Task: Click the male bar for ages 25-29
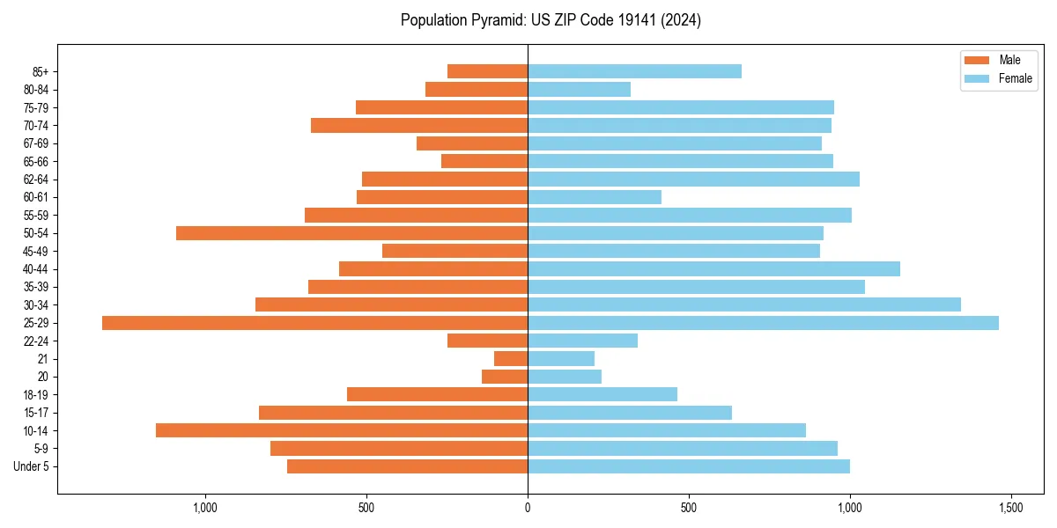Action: [x=314, y=323]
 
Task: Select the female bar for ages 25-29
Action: [x=763, y=323]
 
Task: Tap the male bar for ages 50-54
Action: [x=351, y=233]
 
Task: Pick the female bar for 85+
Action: [x=634, y=71]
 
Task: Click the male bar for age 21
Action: [x=511, y=359]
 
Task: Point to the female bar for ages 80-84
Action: [x=579, y=90]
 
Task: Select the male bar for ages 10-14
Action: [x=342, y=430]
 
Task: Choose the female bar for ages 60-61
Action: [x=595, y=197]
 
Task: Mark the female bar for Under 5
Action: [x=689, y=466]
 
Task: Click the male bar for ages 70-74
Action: [x=419, y=126]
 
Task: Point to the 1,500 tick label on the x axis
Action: [x=1010, y=508]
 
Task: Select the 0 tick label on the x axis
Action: [x=528, y=508]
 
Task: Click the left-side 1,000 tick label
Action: [x=205, y=508]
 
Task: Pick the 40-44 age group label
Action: [x=36, y=269]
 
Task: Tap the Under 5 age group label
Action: [x=32, y=466]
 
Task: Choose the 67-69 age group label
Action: [x=36, y=143]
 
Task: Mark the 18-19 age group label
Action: [x=36, y=395]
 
